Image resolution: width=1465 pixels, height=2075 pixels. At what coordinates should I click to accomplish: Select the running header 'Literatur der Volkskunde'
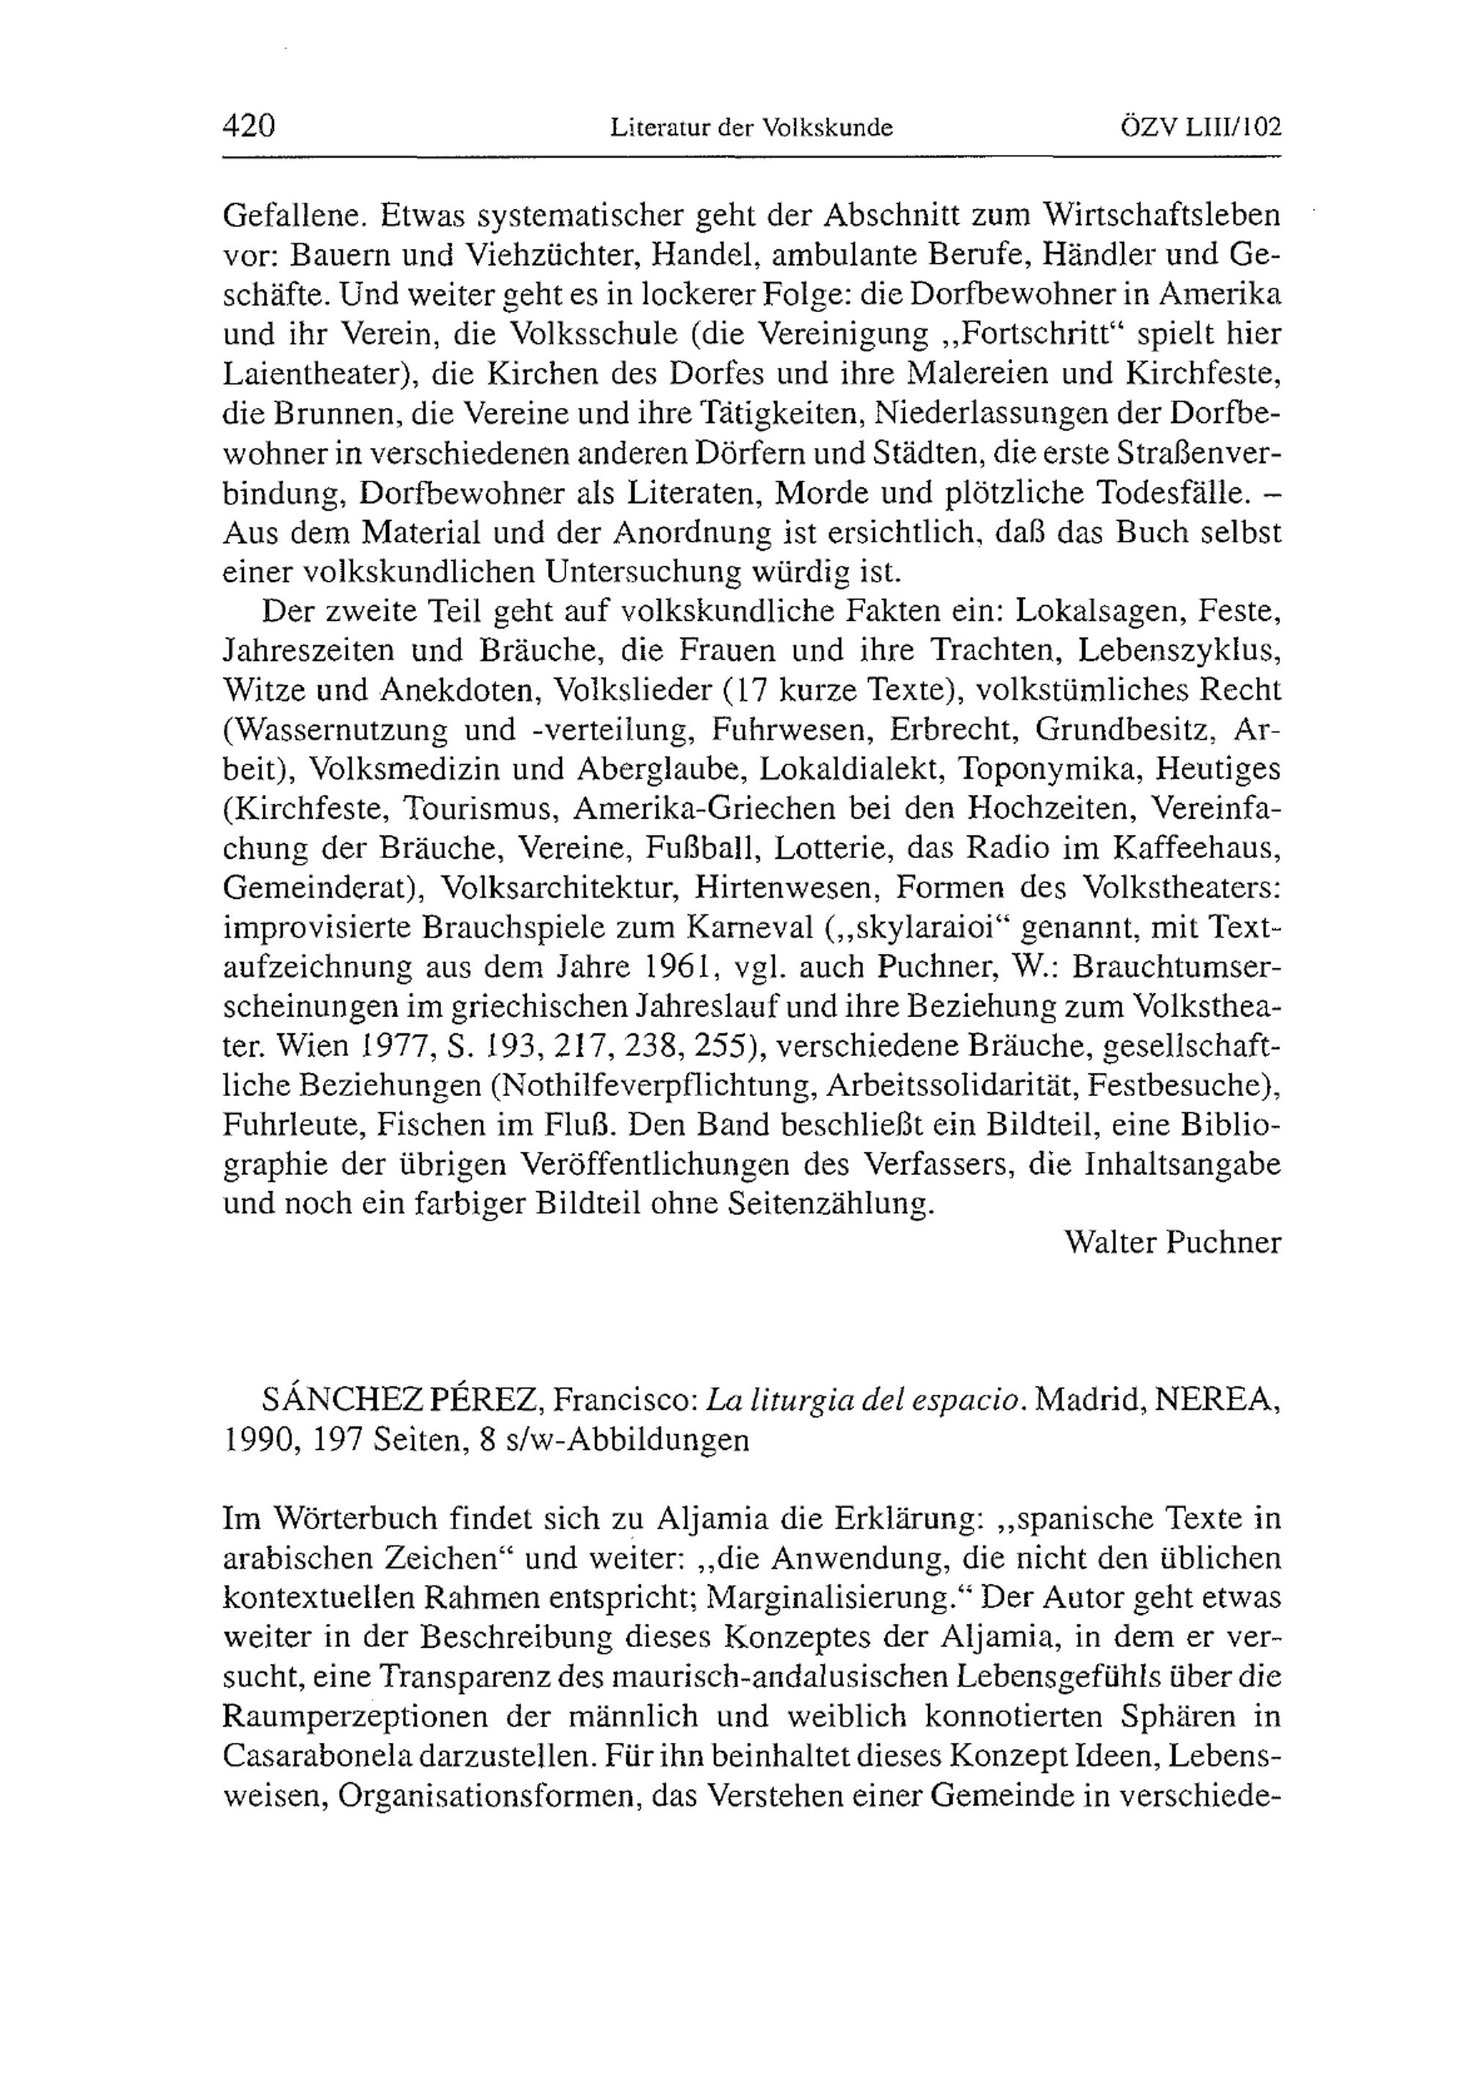(751, 128)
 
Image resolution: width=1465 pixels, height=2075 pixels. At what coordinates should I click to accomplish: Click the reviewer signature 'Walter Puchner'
(1172, 1243)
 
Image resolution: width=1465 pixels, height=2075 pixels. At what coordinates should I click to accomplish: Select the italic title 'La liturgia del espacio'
(865, 1401)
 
